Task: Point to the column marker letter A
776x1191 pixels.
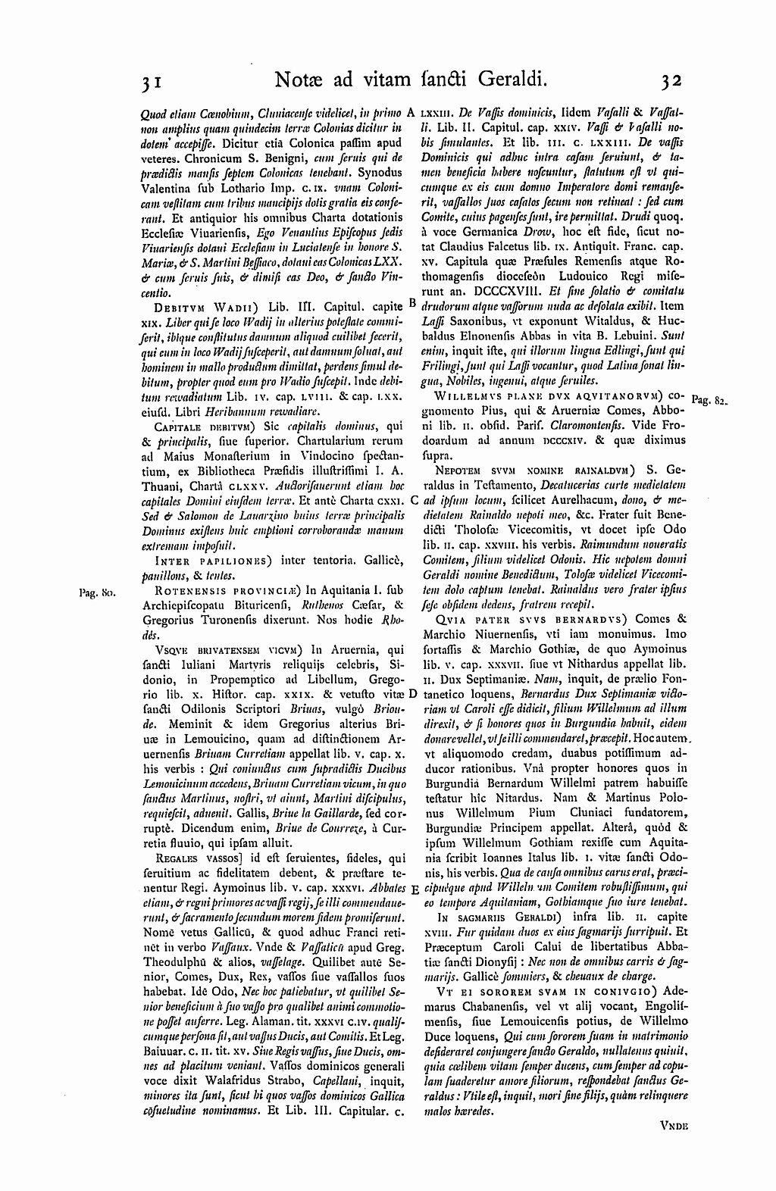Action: pos(410,111)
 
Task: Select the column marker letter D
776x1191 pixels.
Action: pos(412,693)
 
